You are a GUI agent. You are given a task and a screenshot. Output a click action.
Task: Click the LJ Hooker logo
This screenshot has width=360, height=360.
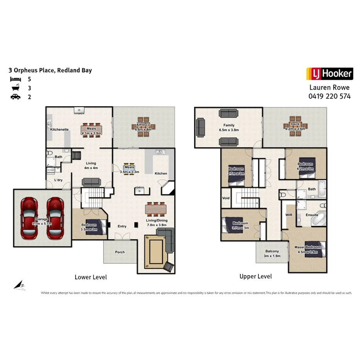[x=329, y=73]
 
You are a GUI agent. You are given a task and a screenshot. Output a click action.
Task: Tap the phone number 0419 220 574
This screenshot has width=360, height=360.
[x=329, y=96]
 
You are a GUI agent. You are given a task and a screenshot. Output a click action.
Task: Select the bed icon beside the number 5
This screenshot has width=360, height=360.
[x=15, y=79]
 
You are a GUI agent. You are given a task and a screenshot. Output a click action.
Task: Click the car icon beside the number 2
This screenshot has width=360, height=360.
[x=15, y=97]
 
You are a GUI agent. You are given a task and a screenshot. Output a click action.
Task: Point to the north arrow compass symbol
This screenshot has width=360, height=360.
[x=19, y=285]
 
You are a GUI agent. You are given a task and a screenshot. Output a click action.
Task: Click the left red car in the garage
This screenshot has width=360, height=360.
[x=29, y=218]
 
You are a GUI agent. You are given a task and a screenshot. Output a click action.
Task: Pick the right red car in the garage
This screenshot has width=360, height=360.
[x=55, y=218]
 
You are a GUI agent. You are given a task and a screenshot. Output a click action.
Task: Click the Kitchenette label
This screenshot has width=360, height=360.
[x=59, y=129]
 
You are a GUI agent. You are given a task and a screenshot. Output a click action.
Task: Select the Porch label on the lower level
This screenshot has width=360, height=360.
[x=120, y=252]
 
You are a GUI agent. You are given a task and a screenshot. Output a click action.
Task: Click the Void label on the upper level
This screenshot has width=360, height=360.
[x=226, y=198]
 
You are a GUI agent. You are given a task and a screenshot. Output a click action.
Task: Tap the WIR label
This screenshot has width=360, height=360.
[x=288, y=215]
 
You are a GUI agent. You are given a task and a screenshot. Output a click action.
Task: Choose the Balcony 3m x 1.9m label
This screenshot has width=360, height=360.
[x=272, y=253]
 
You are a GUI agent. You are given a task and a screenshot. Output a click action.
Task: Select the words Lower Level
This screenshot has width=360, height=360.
[x=90, y=277]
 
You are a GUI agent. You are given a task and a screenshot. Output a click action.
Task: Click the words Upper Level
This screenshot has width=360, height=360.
[x=255, y=276]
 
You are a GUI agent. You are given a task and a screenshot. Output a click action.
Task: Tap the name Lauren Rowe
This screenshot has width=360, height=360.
[x=329, y=88]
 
